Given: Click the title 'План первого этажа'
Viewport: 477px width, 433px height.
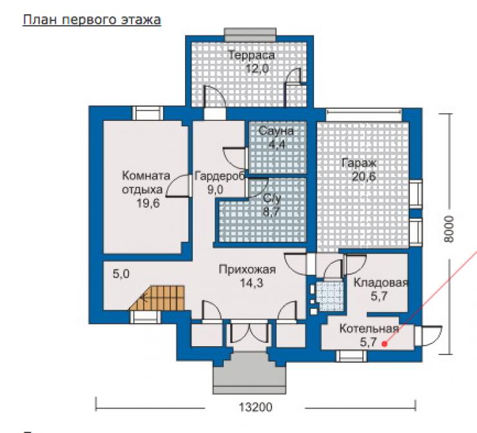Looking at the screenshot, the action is pos(92,20).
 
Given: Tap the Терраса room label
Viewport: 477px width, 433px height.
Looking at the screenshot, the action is pos(251,55).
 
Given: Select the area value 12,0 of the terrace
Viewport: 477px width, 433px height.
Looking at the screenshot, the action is pos(257,69).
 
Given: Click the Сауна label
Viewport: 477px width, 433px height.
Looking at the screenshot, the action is pos(277,131).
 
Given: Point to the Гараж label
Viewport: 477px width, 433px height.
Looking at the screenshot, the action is pos(359,163).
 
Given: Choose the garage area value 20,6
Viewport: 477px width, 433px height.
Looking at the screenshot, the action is pos(364,176).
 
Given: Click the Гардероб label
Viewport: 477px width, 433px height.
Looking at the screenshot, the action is pos(220,176).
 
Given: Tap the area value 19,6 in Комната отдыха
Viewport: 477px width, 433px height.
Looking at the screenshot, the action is pos(148,203).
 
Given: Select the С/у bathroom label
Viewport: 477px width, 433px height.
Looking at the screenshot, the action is pos(271,199).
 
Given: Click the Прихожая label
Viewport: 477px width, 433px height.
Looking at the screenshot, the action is pos(248,270).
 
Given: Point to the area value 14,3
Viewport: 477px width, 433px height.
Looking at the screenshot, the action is pos(251,283).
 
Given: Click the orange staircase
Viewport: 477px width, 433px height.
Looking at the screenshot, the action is pos(157,298).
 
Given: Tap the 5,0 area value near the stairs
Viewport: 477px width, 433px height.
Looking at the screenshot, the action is pos(121,274).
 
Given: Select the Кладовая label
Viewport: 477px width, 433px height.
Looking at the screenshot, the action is pos(380,282).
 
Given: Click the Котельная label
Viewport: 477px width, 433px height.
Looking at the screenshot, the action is pos(369,329).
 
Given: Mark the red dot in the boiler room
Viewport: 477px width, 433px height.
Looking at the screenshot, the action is pos(385,344).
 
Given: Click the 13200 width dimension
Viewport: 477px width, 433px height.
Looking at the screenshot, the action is pos(255,407).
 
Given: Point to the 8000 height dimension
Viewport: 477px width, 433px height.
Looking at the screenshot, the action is pos(449,229).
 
